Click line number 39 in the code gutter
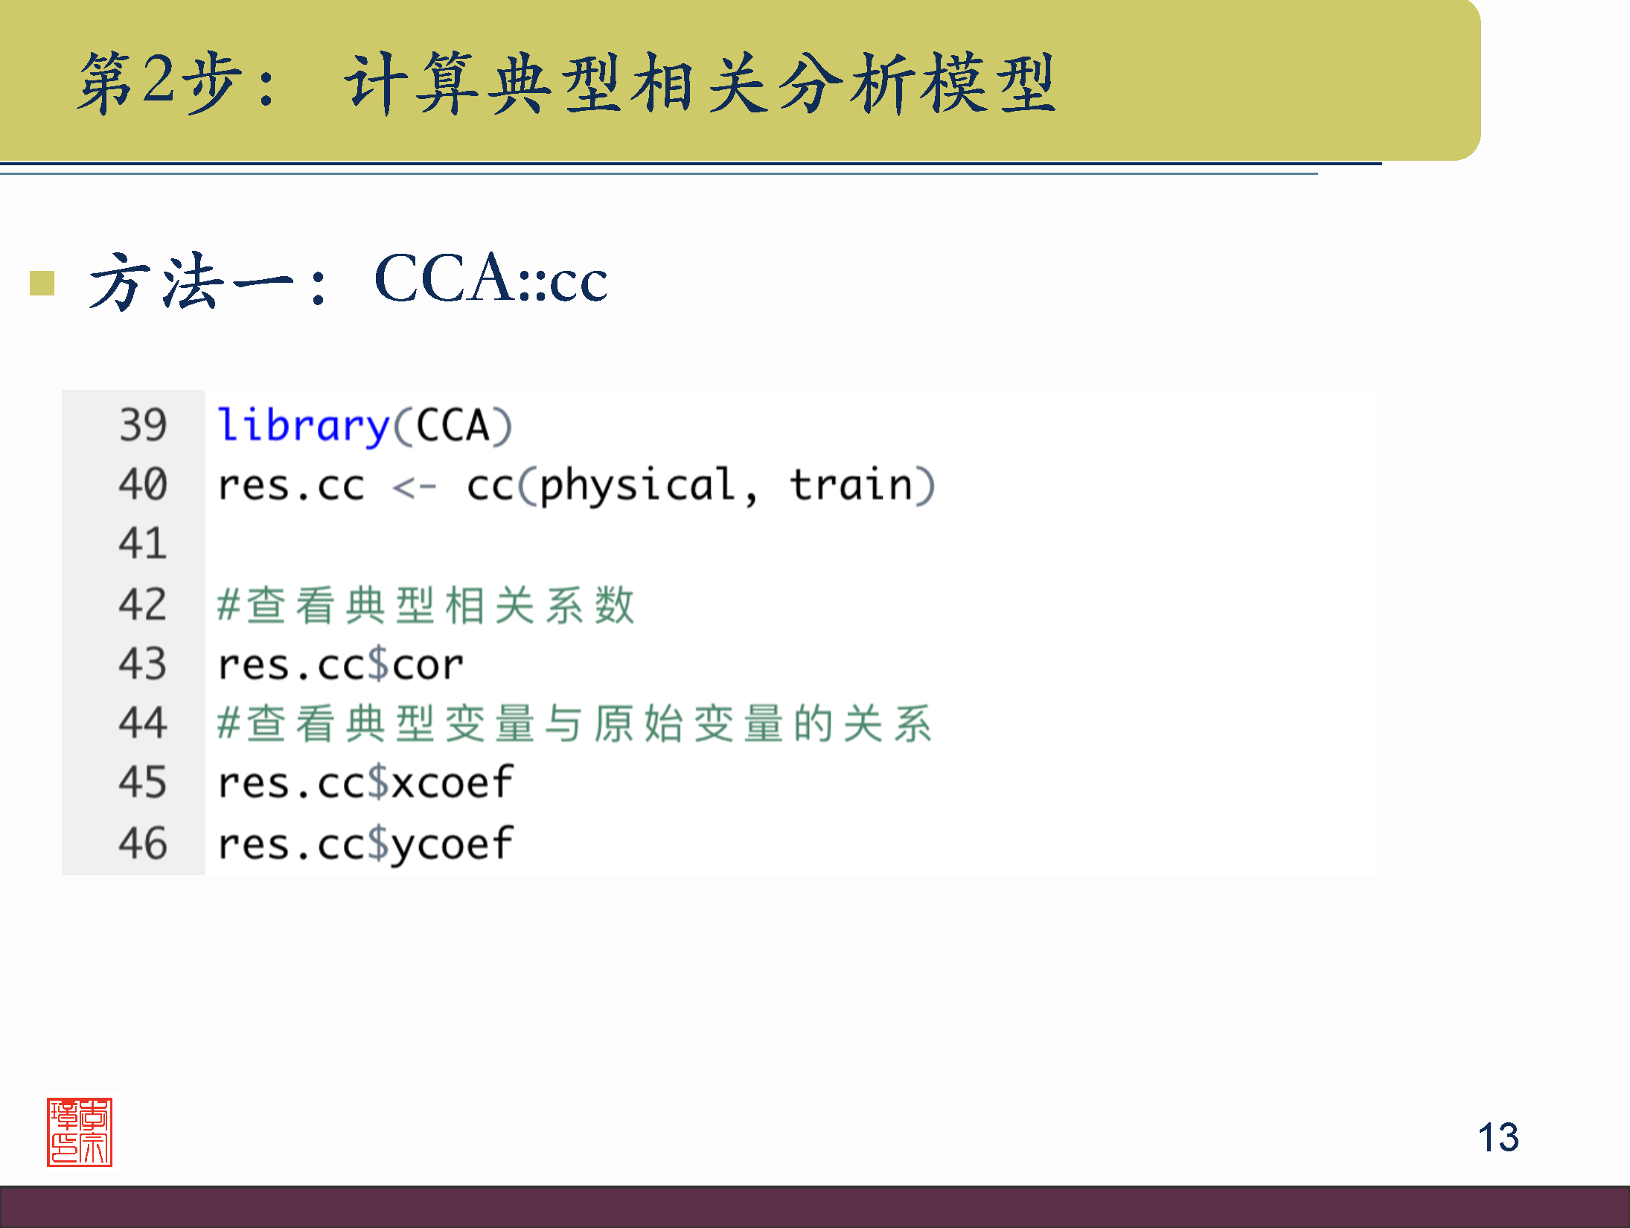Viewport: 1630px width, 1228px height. [143, 425]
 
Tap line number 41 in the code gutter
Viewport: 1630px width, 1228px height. [143, 543]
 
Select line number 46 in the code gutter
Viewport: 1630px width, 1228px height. [143, 843]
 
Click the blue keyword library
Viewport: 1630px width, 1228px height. [304, 426]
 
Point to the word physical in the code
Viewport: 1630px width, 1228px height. [637, 487]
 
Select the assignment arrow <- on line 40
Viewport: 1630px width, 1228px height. [414, 487]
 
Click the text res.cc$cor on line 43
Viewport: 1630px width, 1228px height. [340, 665]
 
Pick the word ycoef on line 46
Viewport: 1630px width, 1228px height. [453, 845]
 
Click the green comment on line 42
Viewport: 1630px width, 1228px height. [426, 605]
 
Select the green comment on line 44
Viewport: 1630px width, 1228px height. [575, 723]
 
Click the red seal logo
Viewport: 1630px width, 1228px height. [80, 1132]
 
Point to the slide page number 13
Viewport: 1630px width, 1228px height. [1498, 1137]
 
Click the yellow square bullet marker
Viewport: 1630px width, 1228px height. [42, 283]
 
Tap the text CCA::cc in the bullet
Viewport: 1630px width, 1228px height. [491, 278]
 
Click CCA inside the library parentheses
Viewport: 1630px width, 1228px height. [453, 426]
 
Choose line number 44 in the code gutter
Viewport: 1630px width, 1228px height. [143, 723]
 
